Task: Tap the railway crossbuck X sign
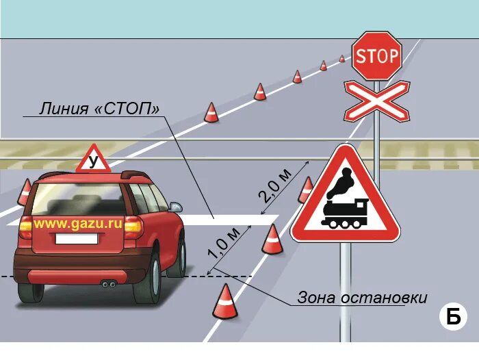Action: click(x=376, y=101)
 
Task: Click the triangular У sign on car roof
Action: click(x=93, y=161)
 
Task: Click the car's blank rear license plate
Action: click(x=76, y=240)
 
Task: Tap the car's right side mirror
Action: click(x=176, y=206)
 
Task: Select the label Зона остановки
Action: click(x=362, y=298)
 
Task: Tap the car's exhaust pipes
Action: click(x=107, y=283)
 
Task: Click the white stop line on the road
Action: click(x=226, y=219)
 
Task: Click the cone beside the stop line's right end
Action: click(x=272, y=240)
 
